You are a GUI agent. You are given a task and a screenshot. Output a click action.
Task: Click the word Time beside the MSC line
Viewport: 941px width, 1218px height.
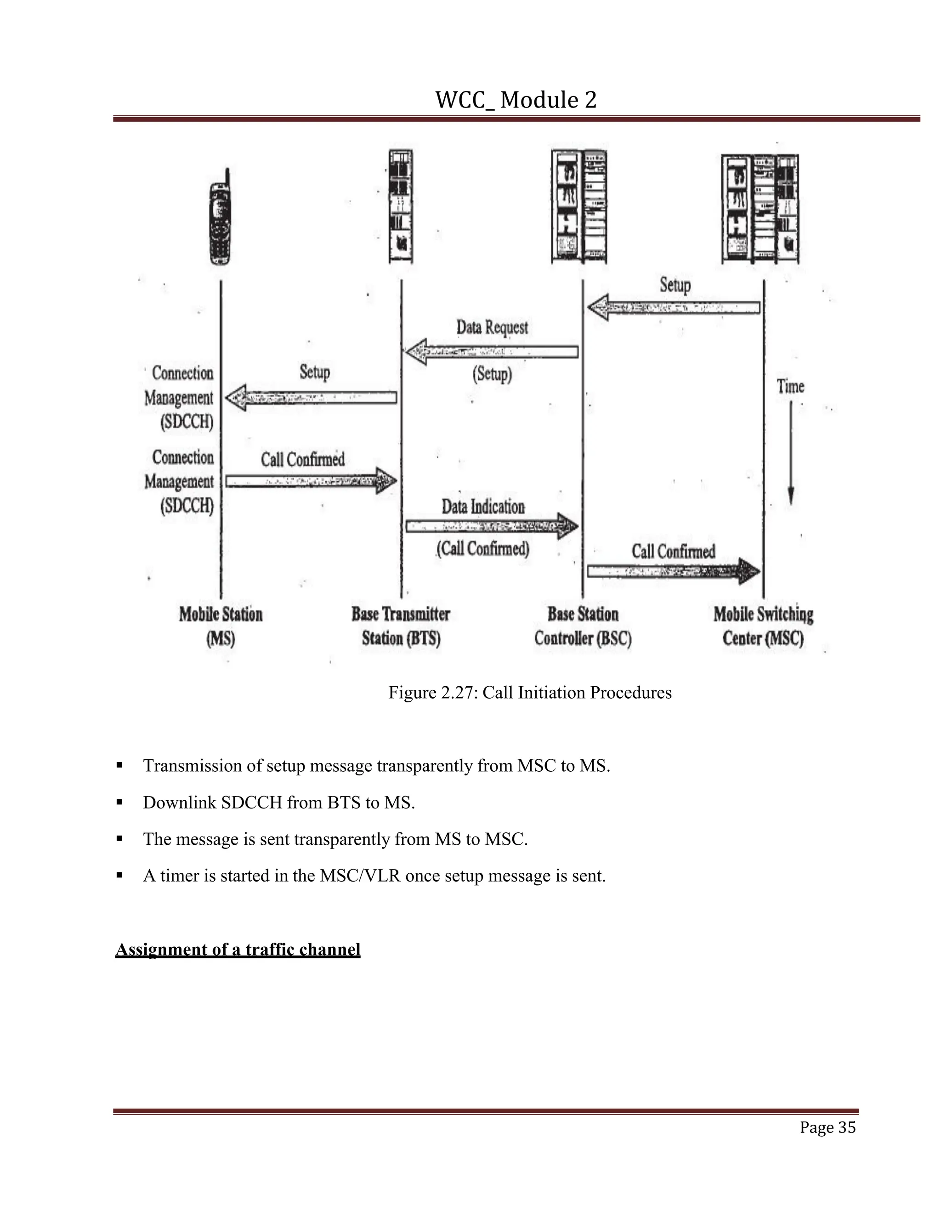[790, 387]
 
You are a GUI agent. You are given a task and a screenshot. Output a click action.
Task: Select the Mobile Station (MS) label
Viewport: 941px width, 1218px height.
[221, 626]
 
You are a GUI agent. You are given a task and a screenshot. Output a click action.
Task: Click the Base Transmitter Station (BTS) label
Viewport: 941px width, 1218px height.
[401, 626]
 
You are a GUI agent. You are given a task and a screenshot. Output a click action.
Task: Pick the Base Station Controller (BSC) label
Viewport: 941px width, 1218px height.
[583, 626]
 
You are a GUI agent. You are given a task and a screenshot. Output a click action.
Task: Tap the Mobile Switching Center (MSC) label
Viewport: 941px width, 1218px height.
[763, 626]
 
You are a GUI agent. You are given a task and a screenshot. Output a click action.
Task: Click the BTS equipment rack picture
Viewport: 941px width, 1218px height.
[401, 206]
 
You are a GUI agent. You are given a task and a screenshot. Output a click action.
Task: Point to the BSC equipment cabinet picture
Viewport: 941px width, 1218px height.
[578, 206]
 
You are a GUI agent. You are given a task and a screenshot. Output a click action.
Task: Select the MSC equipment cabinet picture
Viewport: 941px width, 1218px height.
[760, 209]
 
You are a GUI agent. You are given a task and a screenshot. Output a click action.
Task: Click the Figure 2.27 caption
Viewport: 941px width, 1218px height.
[530, 693]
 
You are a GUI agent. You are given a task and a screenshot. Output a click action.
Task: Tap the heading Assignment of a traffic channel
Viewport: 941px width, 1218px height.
[238, 949]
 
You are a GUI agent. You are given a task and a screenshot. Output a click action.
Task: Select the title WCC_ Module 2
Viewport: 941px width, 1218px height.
[516, 100]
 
